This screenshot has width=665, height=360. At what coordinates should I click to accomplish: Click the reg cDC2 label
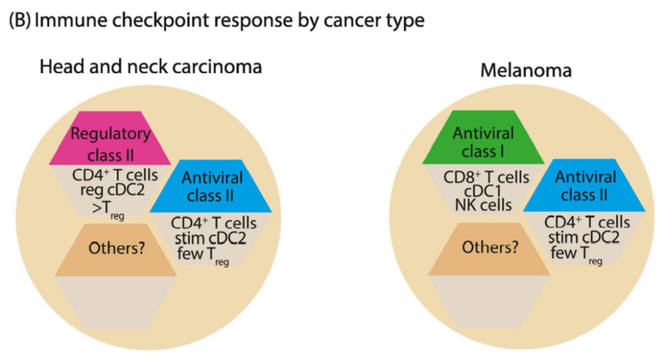tap(111, 191)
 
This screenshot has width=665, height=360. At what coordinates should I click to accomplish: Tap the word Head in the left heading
tap(59, 68)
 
